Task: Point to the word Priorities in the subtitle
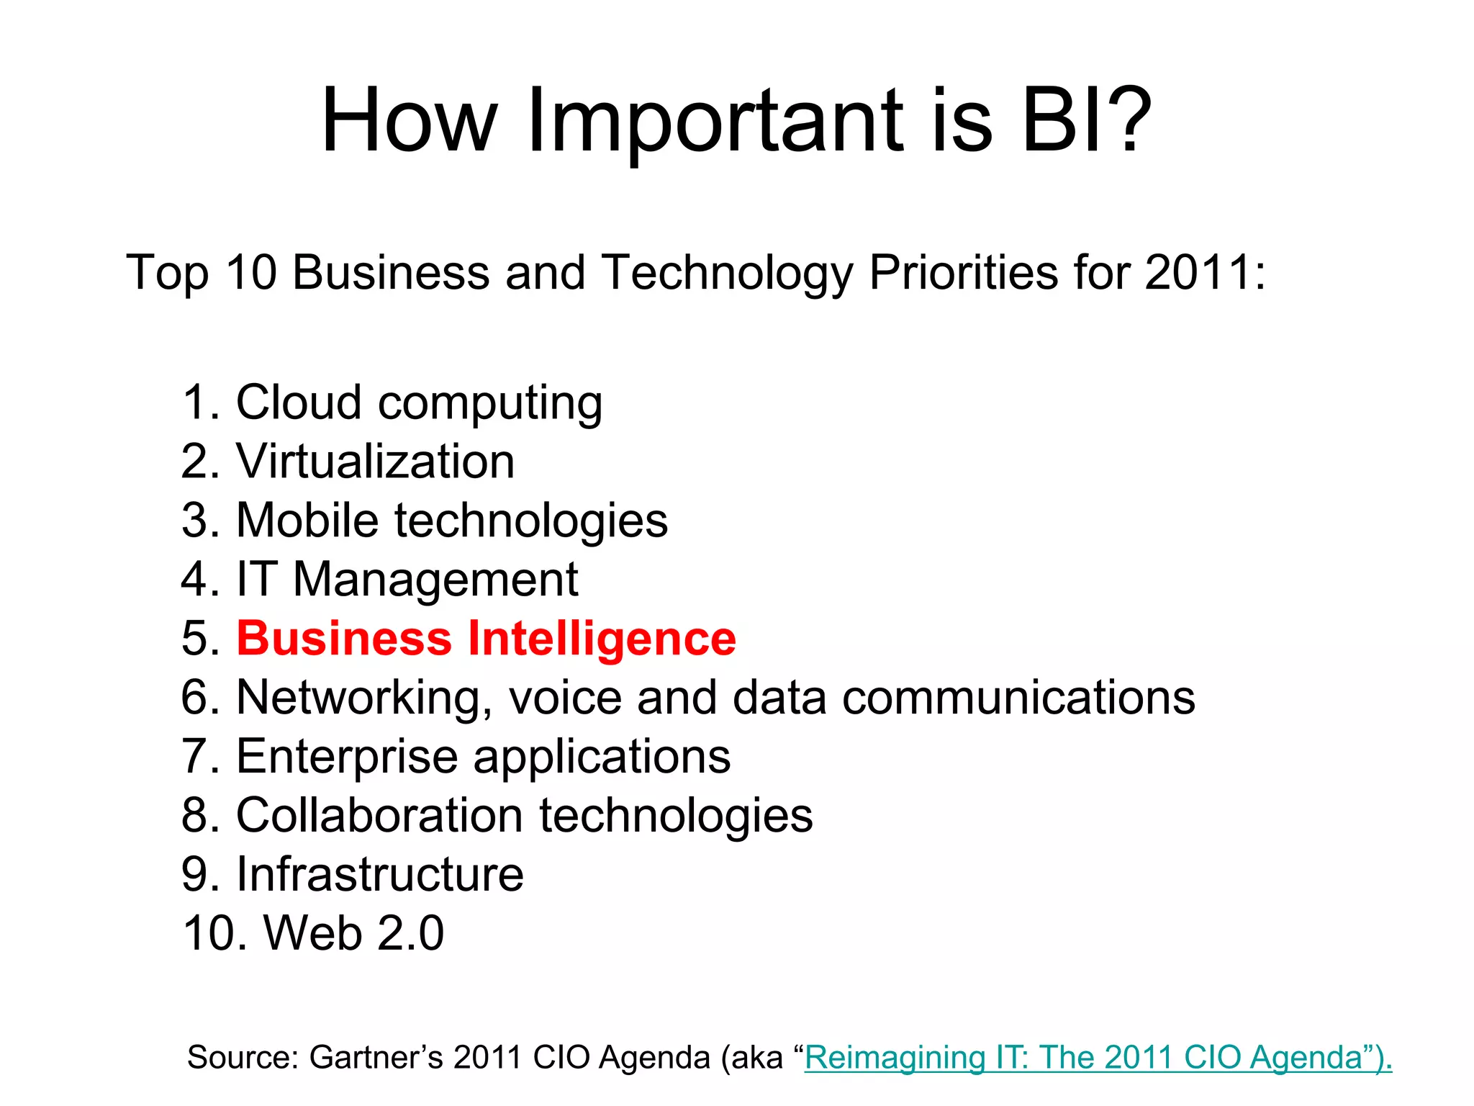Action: (963, 273)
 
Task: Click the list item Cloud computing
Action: (419, 403)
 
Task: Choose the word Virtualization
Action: (375, 462)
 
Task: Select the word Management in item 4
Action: (435, 580)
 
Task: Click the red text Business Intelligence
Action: (486, 639)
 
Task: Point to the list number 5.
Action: (199, 639)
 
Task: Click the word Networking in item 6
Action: (364, 698)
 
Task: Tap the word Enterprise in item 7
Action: (347, 757)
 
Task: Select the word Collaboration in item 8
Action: (379, 816)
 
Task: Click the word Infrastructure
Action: (379, 875)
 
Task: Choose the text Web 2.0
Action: (353, 934)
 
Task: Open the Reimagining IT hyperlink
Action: (1098, 1058)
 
